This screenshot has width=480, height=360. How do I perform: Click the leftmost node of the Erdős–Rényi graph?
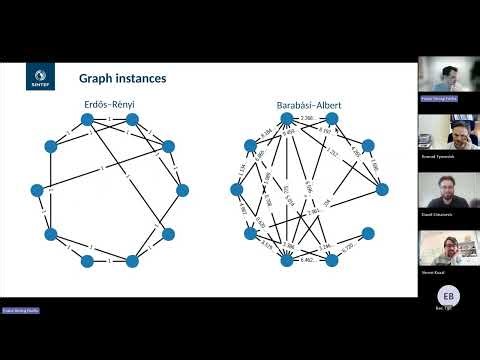pyautogui.click(x=40, y=190)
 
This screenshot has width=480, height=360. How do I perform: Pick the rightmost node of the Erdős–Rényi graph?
pyautogui.click(x=182, y=189)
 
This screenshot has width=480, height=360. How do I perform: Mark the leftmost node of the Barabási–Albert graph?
pyautogui.click(x=238, y=190)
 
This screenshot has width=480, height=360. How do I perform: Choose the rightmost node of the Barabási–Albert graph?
pyautogui.click(x=381, y=190)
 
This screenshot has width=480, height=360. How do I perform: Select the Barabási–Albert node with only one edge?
pyautogui.click(x=368, y=234)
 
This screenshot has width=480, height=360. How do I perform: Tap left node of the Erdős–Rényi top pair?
pyautogui.click(x=87, y=120)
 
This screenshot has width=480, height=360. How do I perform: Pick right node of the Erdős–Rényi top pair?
pyautogui.click(x=134, y=120)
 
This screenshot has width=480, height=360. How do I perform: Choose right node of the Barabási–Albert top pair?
pyautogui.click(x=332, y=120)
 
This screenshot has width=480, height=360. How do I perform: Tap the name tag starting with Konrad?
pyautogui.click(x=448, y=156)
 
